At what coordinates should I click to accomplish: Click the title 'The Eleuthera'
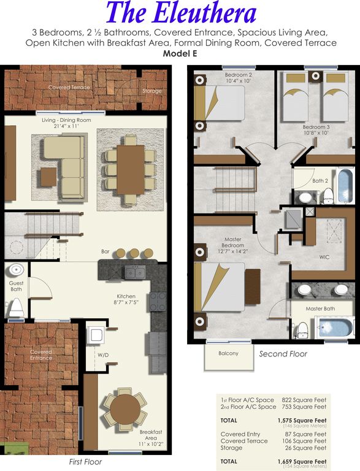pos(181,13)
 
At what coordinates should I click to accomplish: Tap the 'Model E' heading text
pos(180,54)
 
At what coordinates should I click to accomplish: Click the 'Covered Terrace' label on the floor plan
pos(69,88)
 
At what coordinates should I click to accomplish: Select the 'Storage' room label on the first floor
pos(152,91)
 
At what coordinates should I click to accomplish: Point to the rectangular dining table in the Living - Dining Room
pos(131,170)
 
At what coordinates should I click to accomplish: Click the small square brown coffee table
pos(48,177)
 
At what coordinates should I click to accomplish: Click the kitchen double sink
pos(135,273)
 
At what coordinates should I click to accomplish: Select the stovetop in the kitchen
pos(158,302)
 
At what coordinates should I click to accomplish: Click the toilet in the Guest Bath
pos(16,308)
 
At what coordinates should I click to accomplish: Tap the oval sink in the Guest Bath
pos(16,270)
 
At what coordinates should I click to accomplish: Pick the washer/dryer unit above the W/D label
pos(96,335)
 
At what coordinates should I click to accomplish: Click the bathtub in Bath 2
pos(346,186)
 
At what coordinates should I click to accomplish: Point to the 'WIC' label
pos(324,257)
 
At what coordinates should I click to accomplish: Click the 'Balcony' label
pos(228,353)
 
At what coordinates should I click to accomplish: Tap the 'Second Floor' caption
pos(283,354)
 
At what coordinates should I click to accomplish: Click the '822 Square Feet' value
pos(304,400)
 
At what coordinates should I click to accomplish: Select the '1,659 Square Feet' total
pos(302,461)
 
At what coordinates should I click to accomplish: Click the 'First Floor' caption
pos(85,462)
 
